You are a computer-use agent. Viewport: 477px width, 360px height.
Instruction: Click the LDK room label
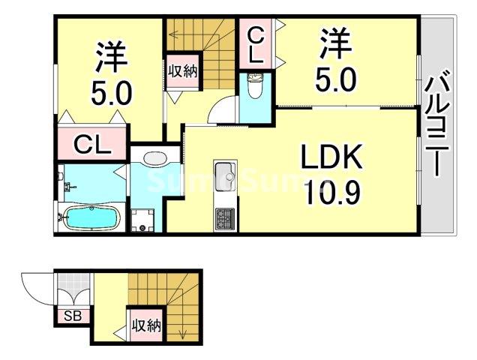331,156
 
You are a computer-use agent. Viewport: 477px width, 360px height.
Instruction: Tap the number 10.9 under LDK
334,192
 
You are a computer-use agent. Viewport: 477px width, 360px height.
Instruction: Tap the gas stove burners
225,219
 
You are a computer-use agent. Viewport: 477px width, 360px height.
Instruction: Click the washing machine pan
142,220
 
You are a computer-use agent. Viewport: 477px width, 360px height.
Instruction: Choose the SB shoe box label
73,316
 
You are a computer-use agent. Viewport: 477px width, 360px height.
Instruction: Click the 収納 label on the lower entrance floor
146,326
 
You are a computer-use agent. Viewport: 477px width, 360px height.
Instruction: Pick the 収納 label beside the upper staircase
183,71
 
